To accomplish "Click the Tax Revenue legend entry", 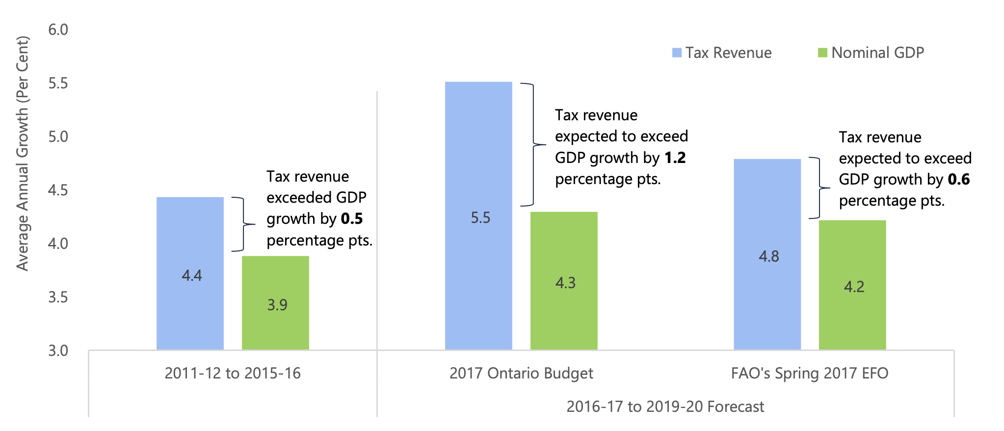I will [x=722, y=53].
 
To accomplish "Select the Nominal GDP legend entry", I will [x=871, y=53].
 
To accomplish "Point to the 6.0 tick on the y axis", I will [x=58, y=30].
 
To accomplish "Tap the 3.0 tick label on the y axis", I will [x=58, y=351].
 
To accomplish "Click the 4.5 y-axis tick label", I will [x=58, y=190].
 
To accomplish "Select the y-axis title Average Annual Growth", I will [x=23, y=153].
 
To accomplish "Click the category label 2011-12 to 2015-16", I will [x=233, y=374].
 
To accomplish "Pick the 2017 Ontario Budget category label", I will [x=521, y=374].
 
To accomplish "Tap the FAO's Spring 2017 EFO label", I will [x=810, y=374].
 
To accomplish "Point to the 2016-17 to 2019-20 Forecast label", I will [x=665, y=407].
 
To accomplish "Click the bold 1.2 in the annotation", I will [x=675, y=158].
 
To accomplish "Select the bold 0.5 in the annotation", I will [x=352, y=219].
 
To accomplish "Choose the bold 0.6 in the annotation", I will [x=958, y=180].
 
